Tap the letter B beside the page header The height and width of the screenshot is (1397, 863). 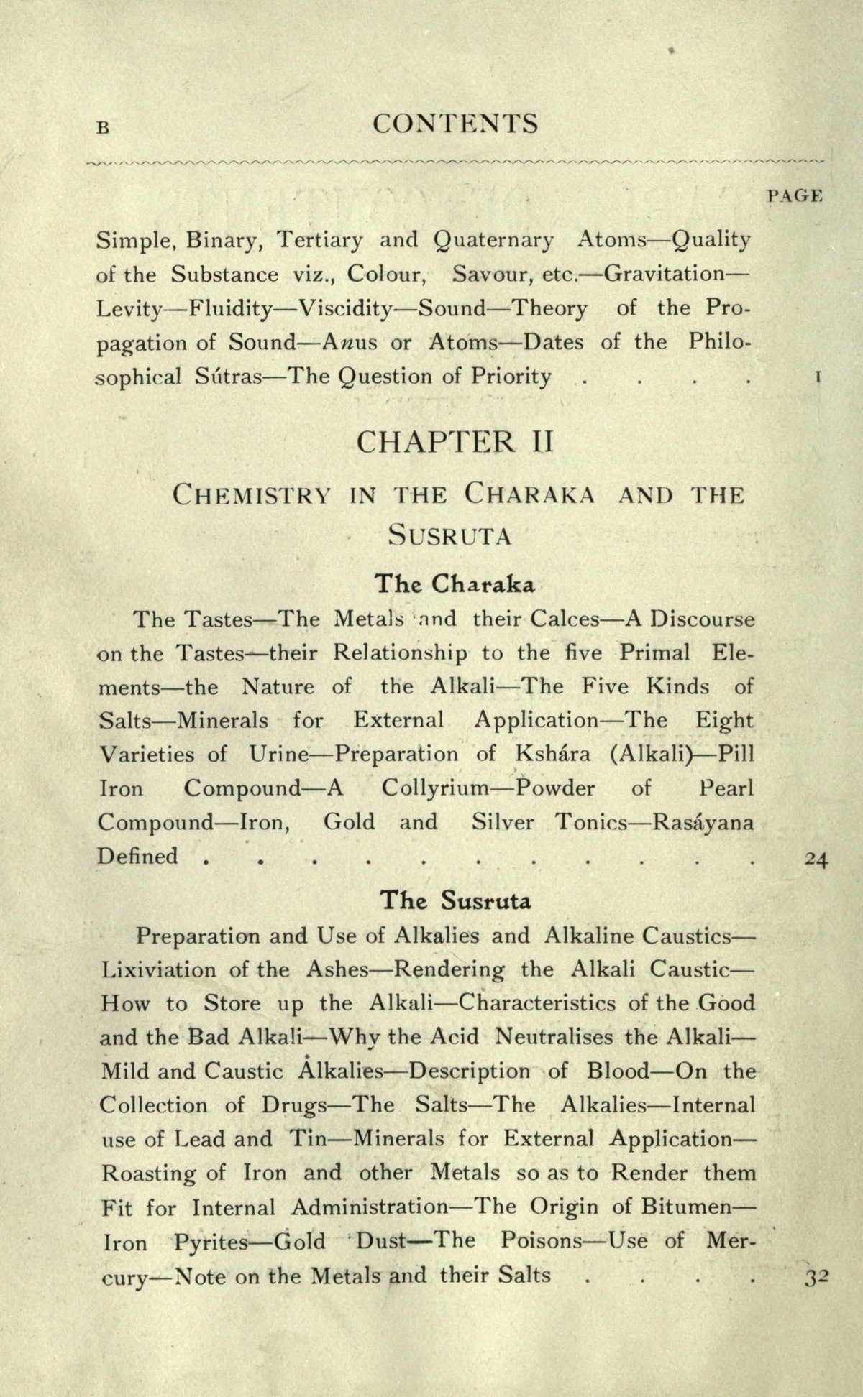click(103, 128)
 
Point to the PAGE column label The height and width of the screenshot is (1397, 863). click(795, 195)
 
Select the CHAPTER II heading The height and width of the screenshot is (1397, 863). click(455, 441)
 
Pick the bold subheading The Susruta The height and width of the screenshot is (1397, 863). click(455, 900)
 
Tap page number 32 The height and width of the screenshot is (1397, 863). click(817, 1278)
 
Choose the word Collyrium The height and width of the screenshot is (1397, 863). click(436, 789)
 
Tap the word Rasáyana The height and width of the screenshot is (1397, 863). click(703, 823)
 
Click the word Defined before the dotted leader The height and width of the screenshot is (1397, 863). click(137, 857)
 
